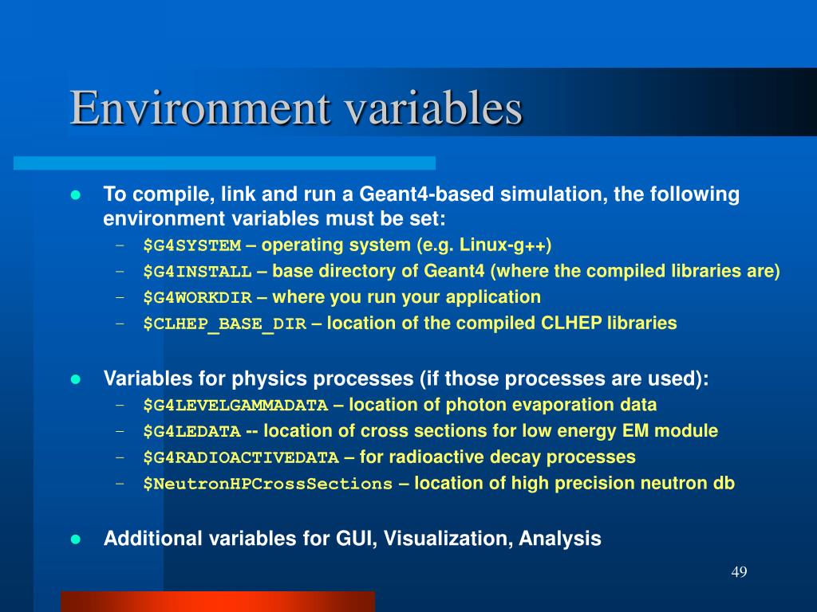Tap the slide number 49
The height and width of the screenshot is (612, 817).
click(x=738, y=573)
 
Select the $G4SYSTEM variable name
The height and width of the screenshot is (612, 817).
click(x=191, y=245)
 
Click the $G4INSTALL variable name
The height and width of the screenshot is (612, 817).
click(x=197, y=272)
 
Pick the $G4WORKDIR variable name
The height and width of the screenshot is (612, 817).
click(x=197, y=298)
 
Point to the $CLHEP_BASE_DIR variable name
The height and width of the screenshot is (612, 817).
click(x=224, y=324)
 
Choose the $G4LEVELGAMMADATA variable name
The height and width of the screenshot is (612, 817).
click(x=235, y=406)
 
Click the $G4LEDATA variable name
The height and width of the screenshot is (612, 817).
click(x=191, y=432)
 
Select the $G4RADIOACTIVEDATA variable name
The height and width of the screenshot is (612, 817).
click(x=241, y=458)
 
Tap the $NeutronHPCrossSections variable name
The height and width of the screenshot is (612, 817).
click(x=268, y=484)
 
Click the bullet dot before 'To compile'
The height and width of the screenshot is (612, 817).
click(x=77, y=195)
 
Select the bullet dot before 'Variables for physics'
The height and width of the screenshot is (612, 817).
click(x=77, y=379)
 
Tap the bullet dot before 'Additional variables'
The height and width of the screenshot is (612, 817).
click(x=77, y=539)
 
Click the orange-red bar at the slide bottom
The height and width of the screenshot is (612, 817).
click(x=217, y=601)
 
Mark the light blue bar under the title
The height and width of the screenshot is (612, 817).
click(x=224, y=163)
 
